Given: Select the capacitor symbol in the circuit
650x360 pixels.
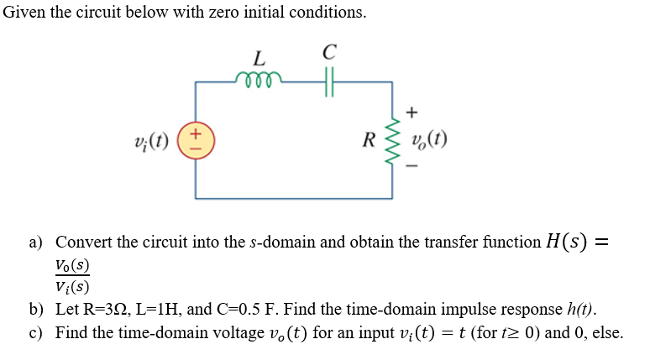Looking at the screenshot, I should click(328, 81).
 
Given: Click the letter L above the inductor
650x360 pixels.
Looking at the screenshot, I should click(259, 59).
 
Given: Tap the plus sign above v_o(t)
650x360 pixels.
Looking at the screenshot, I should click(411, 111).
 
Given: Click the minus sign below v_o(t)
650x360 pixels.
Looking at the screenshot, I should click(411, 166).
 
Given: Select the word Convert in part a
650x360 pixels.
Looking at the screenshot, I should click(84, 243).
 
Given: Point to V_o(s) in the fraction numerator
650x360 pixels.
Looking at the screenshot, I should click(72, 264).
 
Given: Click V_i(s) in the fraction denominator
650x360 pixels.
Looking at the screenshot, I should click(72, 285).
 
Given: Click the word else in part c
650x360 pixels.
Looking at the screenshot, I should click(607, 332).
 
